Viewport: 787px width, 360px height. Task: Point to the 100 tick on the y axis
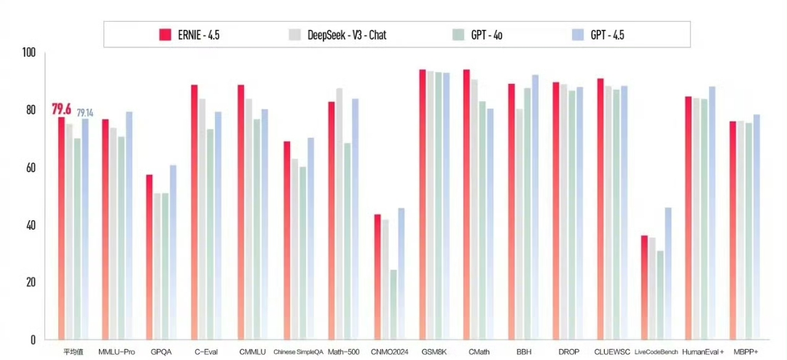(29, 53)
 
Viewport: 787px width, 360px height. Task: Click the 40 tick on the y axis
(29, 225)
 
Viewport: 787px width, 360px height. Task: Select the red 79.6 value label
(61, 109)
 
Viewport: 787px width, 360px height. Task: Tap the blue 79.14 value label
(85, 113)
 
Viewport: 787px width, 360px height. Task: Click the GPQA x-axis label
(160, 352)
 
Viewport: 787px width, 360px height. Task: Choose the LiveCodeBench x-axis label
(657, 352)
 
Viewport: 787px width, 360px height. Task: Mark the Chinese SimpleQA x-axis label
(298, 352)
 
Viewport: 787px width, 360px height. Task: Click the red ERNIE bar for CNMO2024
(377, 277)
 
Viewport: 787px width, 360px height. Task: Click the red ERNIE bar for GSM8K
(423, 204)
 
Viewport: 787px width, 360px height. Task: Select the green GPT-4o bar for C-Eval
(210, 234)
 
